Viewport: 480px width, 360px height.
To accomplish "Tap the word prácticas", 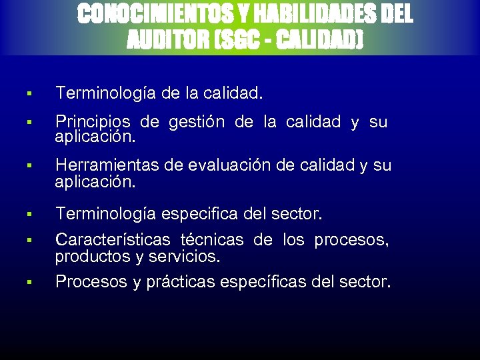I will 177,282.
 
